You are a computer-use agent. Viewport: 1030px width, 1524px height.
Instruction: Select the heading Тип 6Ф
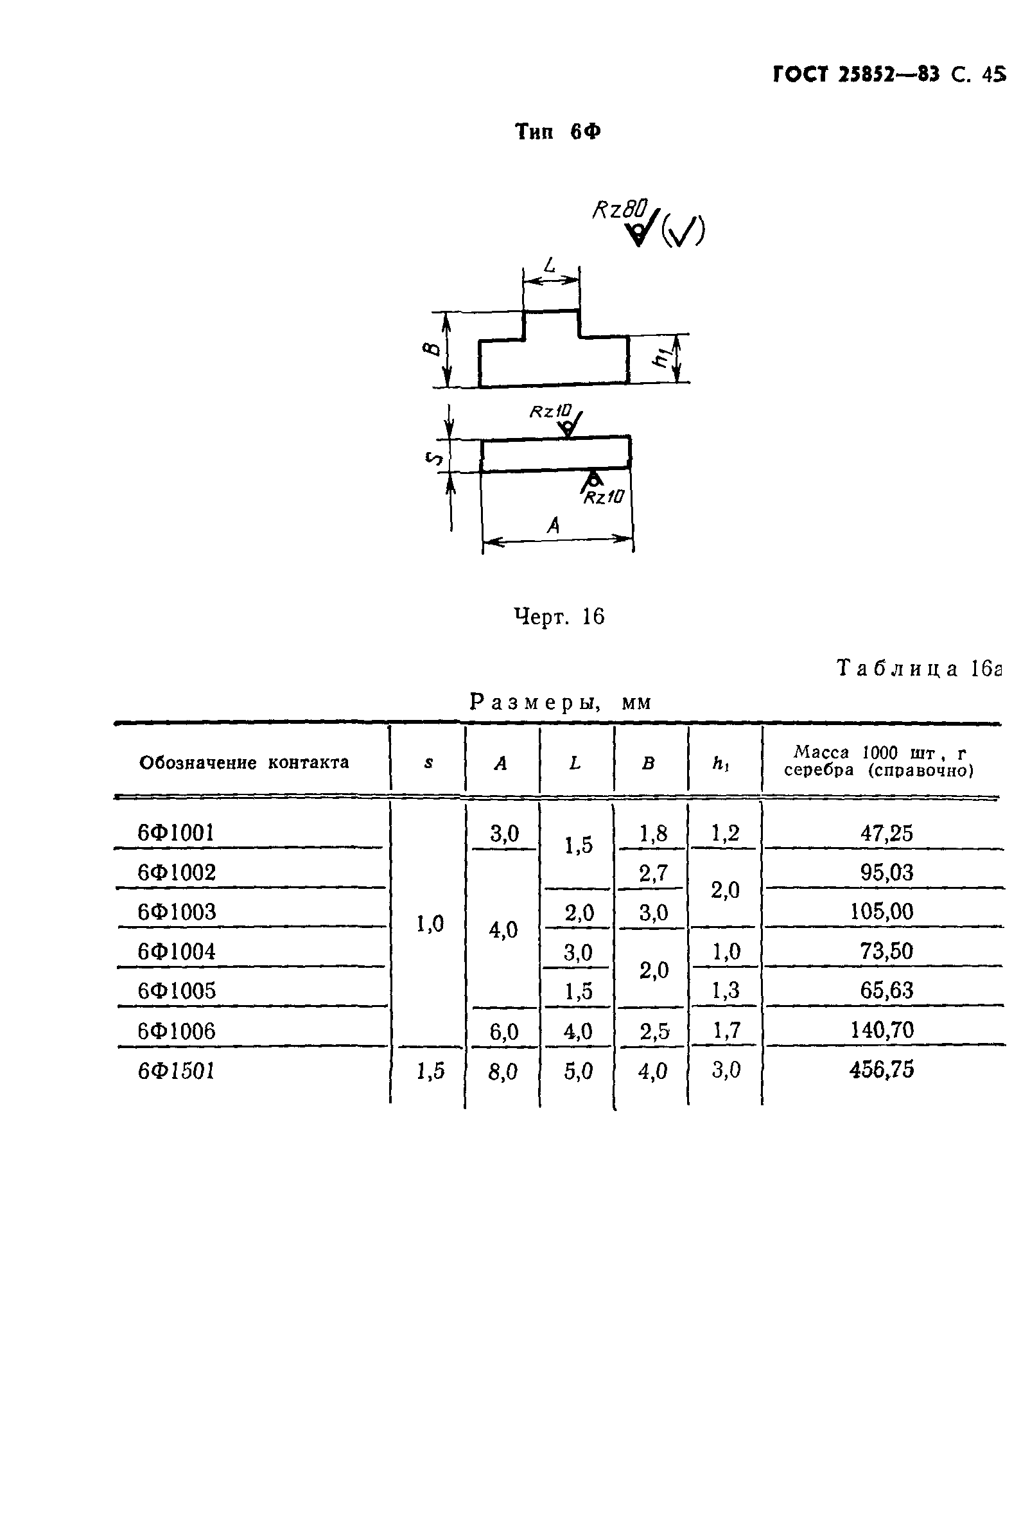click(x=557, y=132)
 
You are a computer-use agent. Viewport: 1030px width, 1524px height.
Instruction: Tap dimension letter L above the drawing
click(x=550, y=265)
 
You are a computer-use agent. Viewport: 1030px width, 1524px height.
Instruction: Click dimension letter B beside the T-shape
click(x=432, y=348)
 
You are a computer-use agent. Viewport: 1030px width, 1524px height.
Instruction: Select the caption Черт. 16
click(x=559, y=617)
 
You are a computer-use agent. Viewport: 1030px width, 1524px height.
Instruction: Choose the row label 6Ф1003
click(x=177, y=911)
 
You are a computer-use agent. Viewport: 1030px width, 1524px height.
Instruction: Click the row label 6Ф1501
click(x=177, y=1071)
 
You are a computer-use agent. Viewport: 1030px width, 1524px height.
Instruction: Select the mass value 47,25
click(x=886, y=833)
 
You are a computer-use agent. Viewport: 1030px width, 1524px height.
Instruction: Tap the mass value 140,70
click(x=882, y=1030)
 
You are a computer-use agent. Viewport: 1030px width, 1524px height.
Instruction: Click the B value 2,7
click(x=653, y=873)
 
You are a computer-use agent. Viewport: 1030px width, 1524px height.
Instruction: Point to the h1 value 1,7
click(x=726, y=1030)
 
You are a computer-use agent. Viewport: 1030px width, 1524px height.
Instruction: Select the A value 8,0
click(x=503, y=1071)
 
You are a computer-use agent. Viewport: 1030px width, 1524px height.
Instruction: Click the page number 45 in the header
click(x=993, y=74)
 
